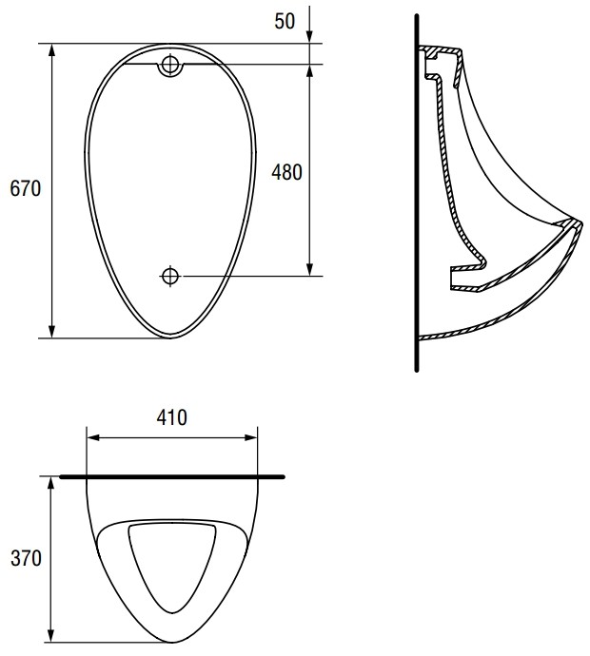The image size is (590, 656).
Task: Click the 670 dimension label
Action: [26, 188]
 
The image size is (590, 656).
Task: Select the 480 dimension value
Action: [286, 172]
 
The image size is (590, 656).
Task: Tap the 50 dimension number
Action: [285, 21]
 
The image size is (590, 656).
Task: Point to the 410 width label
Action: [172, 417]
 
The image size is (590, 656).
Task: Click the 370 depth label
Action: [26, 558]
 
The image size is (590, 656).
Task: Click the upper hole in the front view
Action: [170, 64]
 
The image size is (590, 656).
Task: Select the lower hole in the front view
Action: [170, 276]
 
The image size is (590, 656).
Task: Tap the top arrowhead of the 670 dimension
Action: [52, 50]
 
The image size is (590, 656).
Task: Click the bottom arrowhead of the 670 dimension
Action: [52, 332]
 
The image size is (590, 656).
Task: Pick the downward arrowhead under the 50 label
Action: [309, 37]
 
